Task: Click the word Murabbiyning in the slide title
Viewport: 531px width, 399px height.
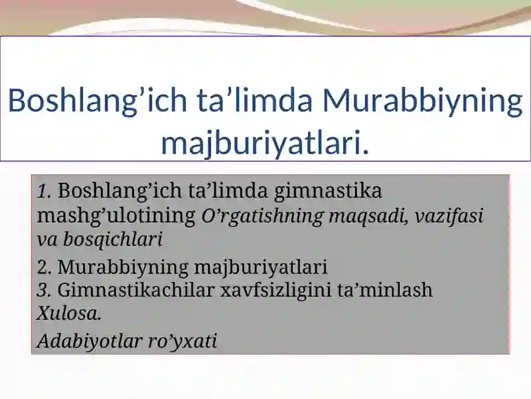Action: pyautogui.click(x=423, y=101)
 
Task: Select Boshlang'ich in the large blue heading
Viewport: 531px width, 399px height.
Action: pyautogui.click(x=98, y=101)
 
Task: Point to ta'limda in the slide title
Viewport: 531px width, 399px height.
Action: pyautogui.click(x=254, y=100)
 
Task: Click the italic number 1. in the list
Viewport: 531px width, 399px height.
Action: pyautogui.click(x=44, y=192)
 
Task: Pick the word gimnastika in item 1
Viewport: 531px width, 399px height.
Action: pyautogui.click(x=327, y=192)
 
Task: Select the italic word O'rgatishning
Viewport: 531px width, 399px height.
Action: pyautogui.click(x=262, y=216)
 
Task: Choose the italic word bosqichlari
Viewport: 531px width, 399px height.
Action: pyautogui.click(x=112, y=239)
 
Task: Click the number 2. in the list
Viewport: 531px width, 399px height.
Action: pyautogui.click(x=44, y=267)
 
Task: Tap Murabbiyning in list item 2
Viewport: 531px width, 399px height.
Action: pyautogui.click(x=123, y=268)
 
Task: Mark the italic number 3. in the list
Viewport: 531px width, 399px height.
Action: pyautogui.click(x=44, y=291)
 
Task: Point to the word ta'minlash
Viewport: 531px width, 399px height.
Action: pyautogui.click(x=385, y=290)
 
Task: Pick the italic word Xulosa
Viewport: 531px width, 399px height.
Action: pyautogui.click(x=69, y=313)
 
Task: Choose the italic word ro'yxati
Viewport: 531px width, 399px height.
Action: pyautogui.click(x=183, y=342)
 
